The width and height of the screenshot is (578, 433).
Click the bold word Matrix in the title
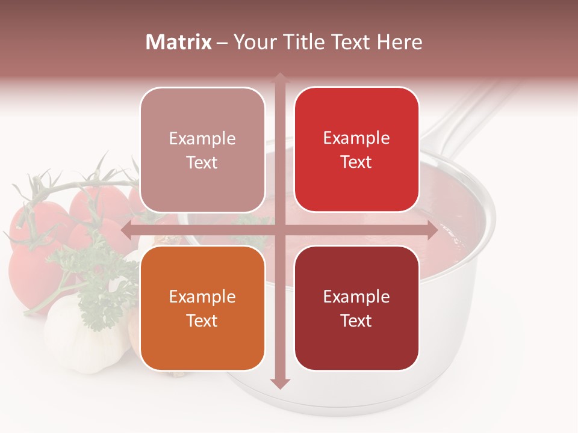click(179, 42)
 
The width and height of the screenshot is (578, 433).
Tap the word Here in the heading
click(399, 42)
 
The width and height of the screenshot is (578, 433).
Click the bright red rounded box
click(356, 149)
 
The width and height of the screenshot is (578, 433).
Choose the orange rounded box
click(202, 308)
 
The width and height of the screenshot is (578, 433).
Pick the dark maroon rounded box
click(356, 308)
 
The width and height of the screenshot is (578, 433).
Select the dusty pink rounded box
click(202, 149)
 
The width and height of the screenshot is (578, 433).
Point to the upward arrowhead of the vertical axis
click(279, 78)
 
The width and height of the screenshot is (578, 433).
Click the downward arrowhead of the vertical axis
click(279, 383)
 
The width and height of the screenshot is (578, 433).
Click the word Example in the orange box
click(202, 296)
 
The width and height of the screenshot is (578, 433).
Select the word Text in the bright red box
click(356, 162)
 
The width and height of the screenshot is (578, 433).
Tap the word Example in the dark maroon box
click(356, 296)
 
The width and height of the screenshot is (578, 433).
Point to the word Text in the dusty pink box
click(202, 162)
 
